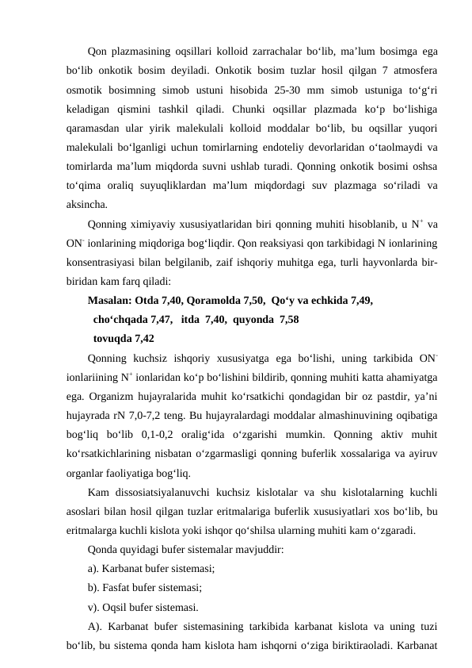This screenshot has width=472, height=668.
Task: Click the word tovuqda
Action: [110, 338]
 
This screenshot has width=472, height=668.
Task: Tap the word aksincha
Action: [87, 225]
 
